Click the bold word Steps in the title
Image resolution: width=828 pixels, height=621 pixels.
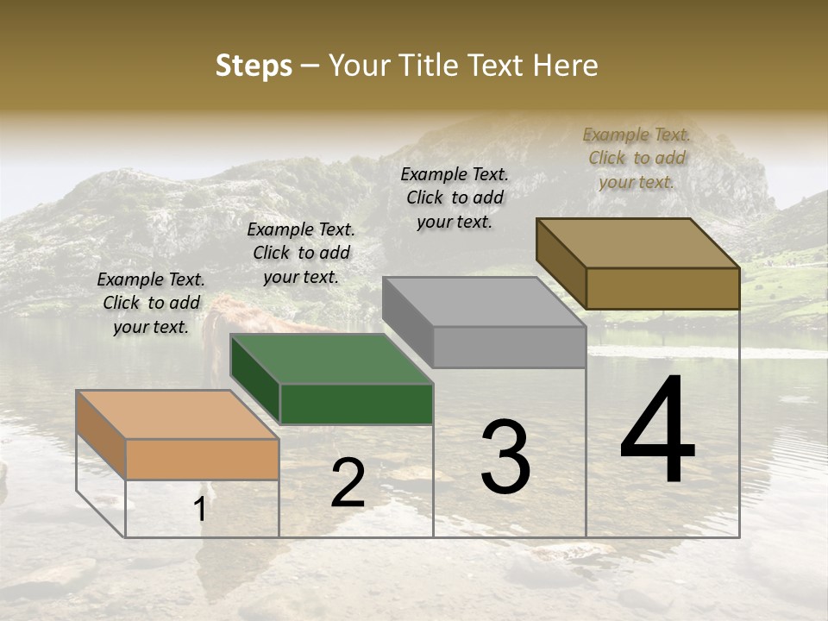(254, 66)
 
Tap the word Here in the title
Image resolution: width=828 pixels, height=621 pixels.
(567, 66)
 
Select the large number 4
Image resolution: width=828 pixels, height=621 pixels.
(657, 430)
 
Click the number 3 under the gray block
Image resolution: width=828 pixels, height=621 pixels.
(505, 457)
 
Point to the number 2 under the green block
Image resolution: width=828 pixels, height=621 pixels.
(348, 484)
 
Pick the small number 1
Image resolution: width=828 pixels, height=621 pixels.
(200, 510)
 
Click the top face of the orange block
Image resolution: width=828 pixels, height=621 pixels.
(178, 414)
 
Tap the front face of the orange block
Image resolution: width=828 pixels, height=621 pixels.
(202, 459)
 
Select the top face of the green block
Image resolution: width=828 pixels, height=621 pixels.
(331, 358)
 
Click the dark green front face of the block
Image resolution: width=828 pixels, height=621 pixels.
(356, 404)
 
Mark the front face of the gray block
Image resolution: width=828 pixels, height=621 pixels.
(509, 347)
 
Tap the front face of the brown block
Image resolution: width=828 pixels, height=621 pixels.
(662, 288)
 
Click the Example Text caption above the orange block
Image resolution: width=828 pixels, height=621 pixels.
(151, 303)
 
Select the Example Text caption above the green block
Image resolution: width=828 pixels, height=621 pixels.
(301, 253)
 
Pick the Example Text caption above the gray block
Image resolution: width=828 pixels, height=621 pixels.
(455, 198)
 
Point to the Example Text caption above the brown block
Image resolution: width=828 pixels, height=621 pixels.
(637, 158)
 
